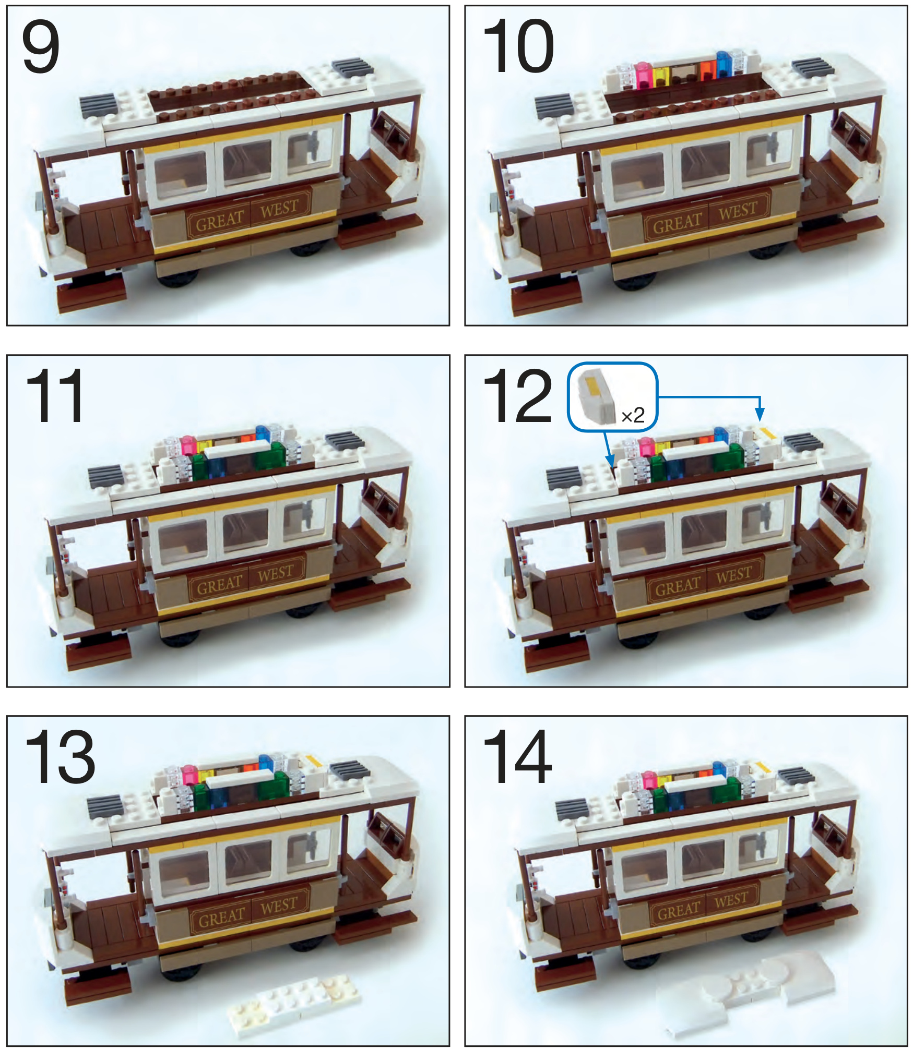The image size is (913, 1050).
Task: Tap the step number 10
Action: point(518,46)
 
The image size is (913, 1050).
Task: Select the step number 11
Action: point(55,395)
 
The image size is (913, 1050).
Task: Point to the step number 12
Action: point(517,395)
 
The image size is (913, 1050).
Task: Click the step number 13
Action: point(60,756)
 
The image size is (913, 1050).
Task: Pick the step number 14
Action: point(517,756)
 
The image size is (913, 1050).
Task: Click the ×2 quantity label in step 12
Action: point(633,415)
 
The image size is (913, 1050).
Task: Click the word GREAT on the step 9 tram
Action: point(220,221)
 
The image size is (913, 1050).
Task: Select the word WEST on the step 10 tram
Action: point(737,211)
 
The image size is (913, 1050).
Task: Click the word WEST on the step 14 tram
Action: point(731,900)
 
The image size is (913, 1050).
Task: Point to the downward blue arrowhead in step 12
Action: point(760,414)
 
